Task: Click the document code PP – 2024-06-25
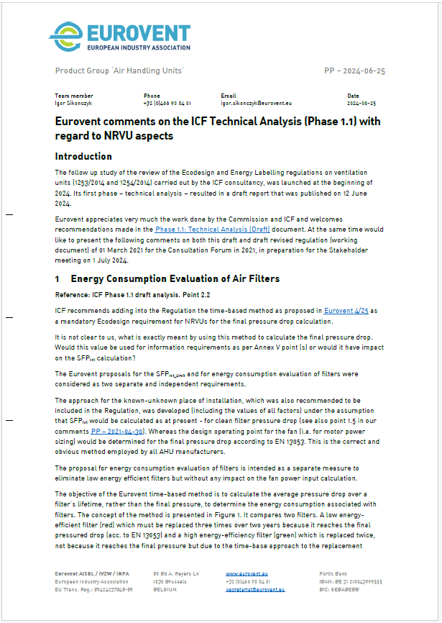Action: [x=355, y=71]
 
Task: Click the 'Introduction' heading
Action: [x=83, y=156]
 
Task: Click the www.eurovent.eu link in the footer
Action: [x=242, y=574]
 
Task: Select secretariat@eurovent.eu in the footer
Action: [x=255, y=588]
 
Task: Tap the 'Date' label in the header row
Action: [x=353, y=96]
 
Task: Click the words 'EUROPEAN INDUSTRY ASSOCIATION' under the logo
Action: [x=138, y=47]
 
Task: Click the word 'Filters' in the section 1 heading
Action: [x=260, y=278]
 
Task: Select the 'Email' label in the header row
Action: [x=228, y=96]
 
